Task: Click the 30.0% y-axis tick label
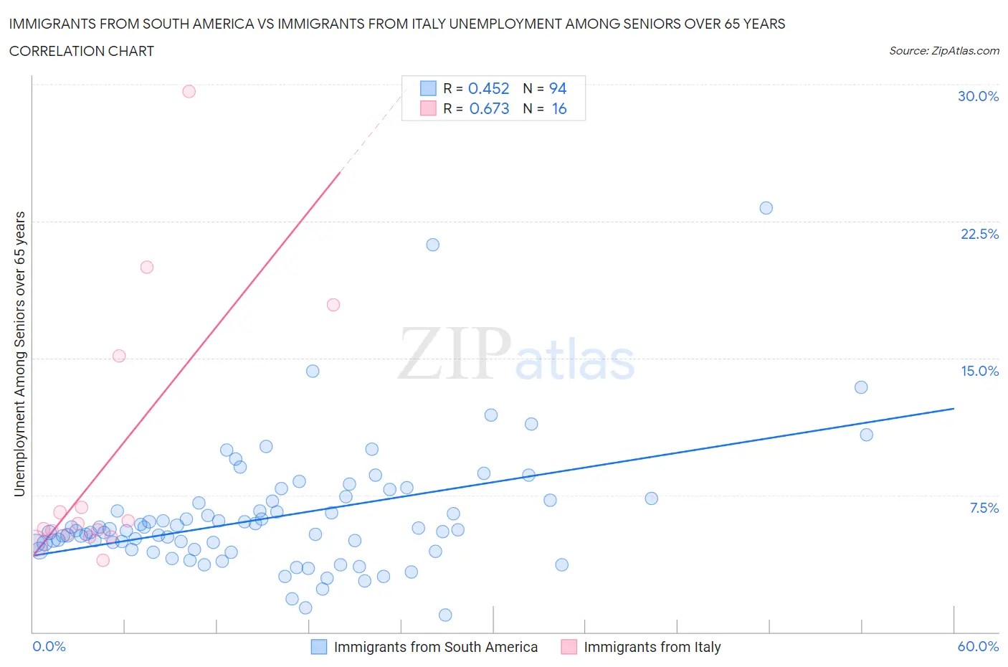(x=978, y=96)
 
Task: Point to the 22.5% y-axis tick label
(x=979, y=234)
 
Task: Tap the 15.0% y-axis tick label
(x=979, y=371)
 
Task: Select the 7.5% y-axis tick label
(x=984, y=508)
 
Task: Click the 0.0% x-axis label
(x=49, y=646)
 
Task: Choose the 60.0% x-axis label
(x=978, y=646)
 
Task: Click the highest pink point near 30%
(x=189, y=91)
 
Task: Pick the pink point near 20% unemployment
(x=147, y=267)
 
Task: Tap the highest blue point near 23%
(x=766, y=208)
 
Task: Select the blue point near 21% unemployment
(x=433, y=245)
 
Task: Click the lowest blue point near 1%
(x=445, y=615)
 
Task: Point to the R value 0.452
(x=488, y=88)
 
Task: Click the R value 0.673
(x=489, y=108)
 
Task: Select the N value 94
(x=558, y=88)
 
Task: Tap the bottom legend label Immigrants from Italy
(x=652, y=647)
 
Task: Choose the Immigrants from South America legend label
(x=435, y=647)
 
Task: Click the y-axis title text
(x=19, y=354)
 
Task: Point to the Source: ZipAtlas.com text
(x=943, y=51)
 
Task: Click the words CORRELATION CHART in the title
(x=82, y=51)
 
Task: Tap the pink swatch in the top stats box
(x=428, y=108)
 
